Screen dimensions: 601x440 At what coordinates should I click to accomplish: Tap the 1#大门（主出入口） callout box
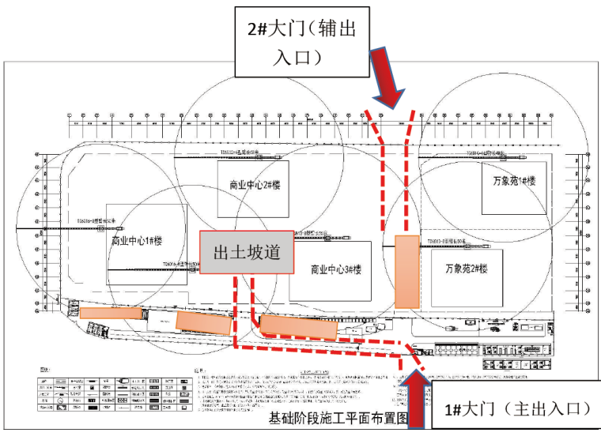[x=514, y=409]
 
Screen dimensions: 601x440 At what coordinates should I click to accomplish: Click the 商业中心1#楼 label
[x=137, y=241]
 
